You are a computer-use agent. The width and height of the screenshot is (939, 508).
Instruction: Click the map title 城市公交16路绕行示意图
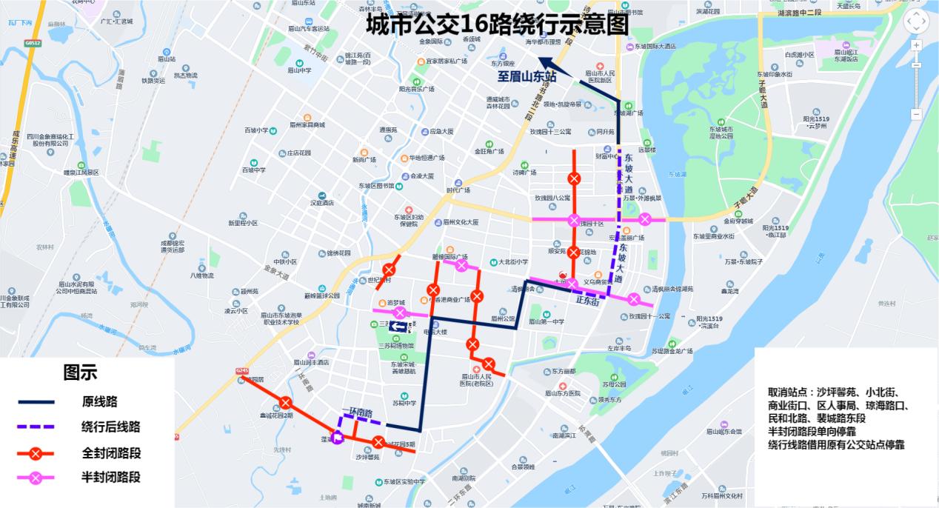[497, 24]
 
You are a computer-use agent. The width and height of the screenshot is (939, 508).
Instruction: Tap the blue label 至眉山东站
[526, 76]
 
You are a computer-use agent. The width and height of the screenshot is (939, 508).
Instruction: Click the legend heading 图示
[80, 372]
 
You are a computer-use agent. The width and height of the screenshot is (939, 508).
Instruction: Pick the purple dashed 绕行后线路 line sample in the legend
[36, 427]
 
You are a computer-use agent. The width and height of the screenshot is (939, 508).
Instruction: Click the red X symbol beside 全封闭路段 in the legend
[36, 453]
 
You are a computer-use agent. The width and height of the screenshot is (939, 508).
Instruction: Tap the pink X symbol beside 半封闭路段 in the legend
[36, 478]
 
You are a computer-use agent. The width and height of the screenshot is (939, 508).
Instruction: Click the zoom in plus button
[916, 45]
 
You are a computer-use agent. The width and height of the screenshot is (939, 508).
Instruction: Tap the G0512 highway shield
[32, 44]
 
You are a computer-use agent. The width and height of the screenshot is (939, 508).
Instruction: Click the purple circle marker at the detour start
[338, 438]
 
